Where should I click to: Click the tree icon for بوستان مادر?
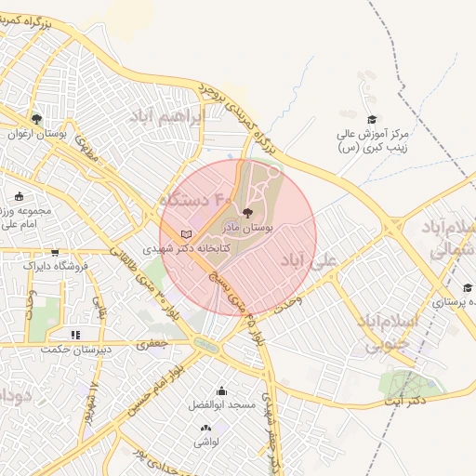click(x=245, y=213)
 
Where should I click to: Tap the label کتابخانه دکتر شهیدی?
click(x=186, y=249)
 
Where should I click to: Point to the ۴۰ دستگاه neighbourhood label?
click(x=195, y=198)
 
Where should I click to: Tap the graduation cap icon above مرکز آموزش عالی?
click(x=372, y=120)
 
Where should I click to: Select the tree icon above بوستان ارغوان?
click(x=36, y=119)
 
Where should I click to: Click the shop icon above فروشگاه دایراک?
click(x=55, y=252)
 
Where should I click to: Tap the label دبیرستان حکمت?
click(x=74, y=350)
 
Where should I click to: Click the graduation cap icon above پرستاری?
click(x=467, y=287)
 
